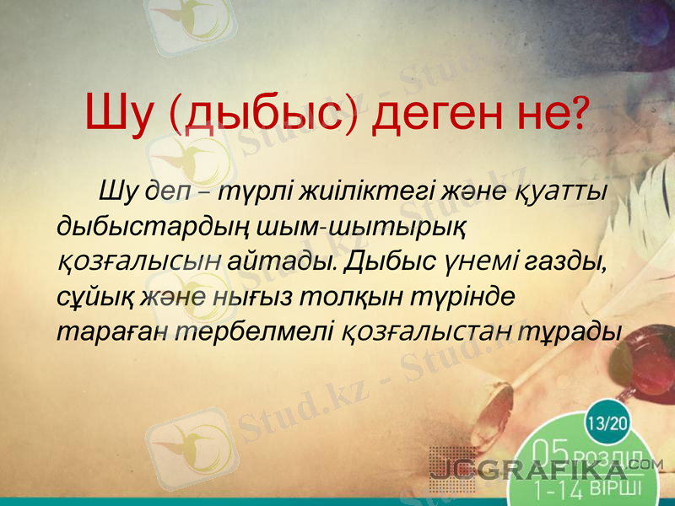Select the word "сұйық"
click(89, 297)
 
